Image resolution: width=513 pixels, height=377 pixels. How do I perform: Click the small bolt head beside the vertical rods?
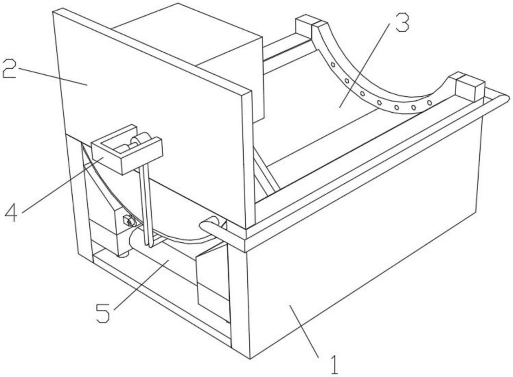click(126, 222)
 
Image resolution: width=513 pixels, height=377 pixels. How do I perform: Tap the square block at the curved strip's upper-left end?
click(307, 24)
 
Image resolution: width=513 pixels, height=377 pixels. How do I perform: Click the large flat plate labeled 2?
click(154, 102)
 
